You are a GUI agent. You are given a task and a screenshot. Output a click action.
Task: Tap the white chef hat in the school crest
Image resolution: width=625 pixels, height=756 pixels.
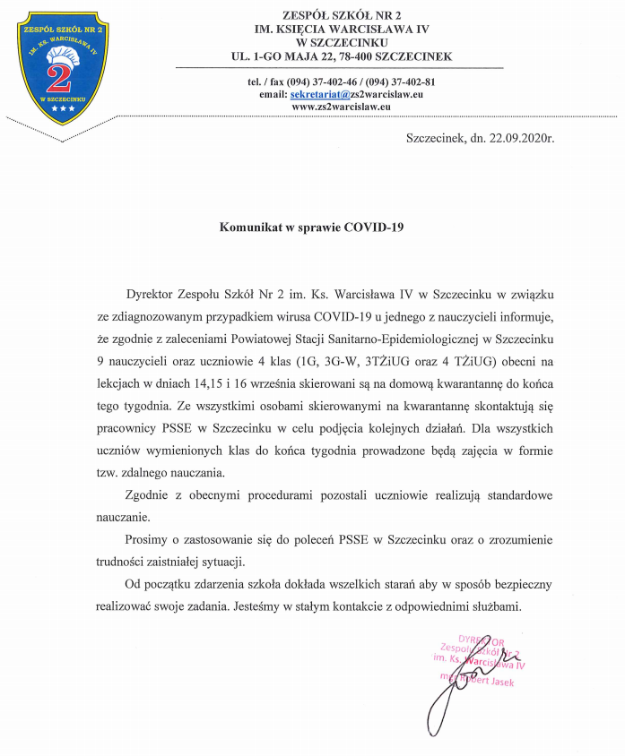69,55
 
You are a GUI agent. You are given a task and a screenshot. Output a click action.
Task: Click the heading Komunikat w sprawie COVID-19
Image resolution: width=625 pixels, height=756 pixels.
312,228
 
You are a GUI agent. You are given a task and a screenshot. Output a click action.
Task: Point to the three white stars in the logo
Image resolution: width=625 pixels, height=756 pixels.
63,109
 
